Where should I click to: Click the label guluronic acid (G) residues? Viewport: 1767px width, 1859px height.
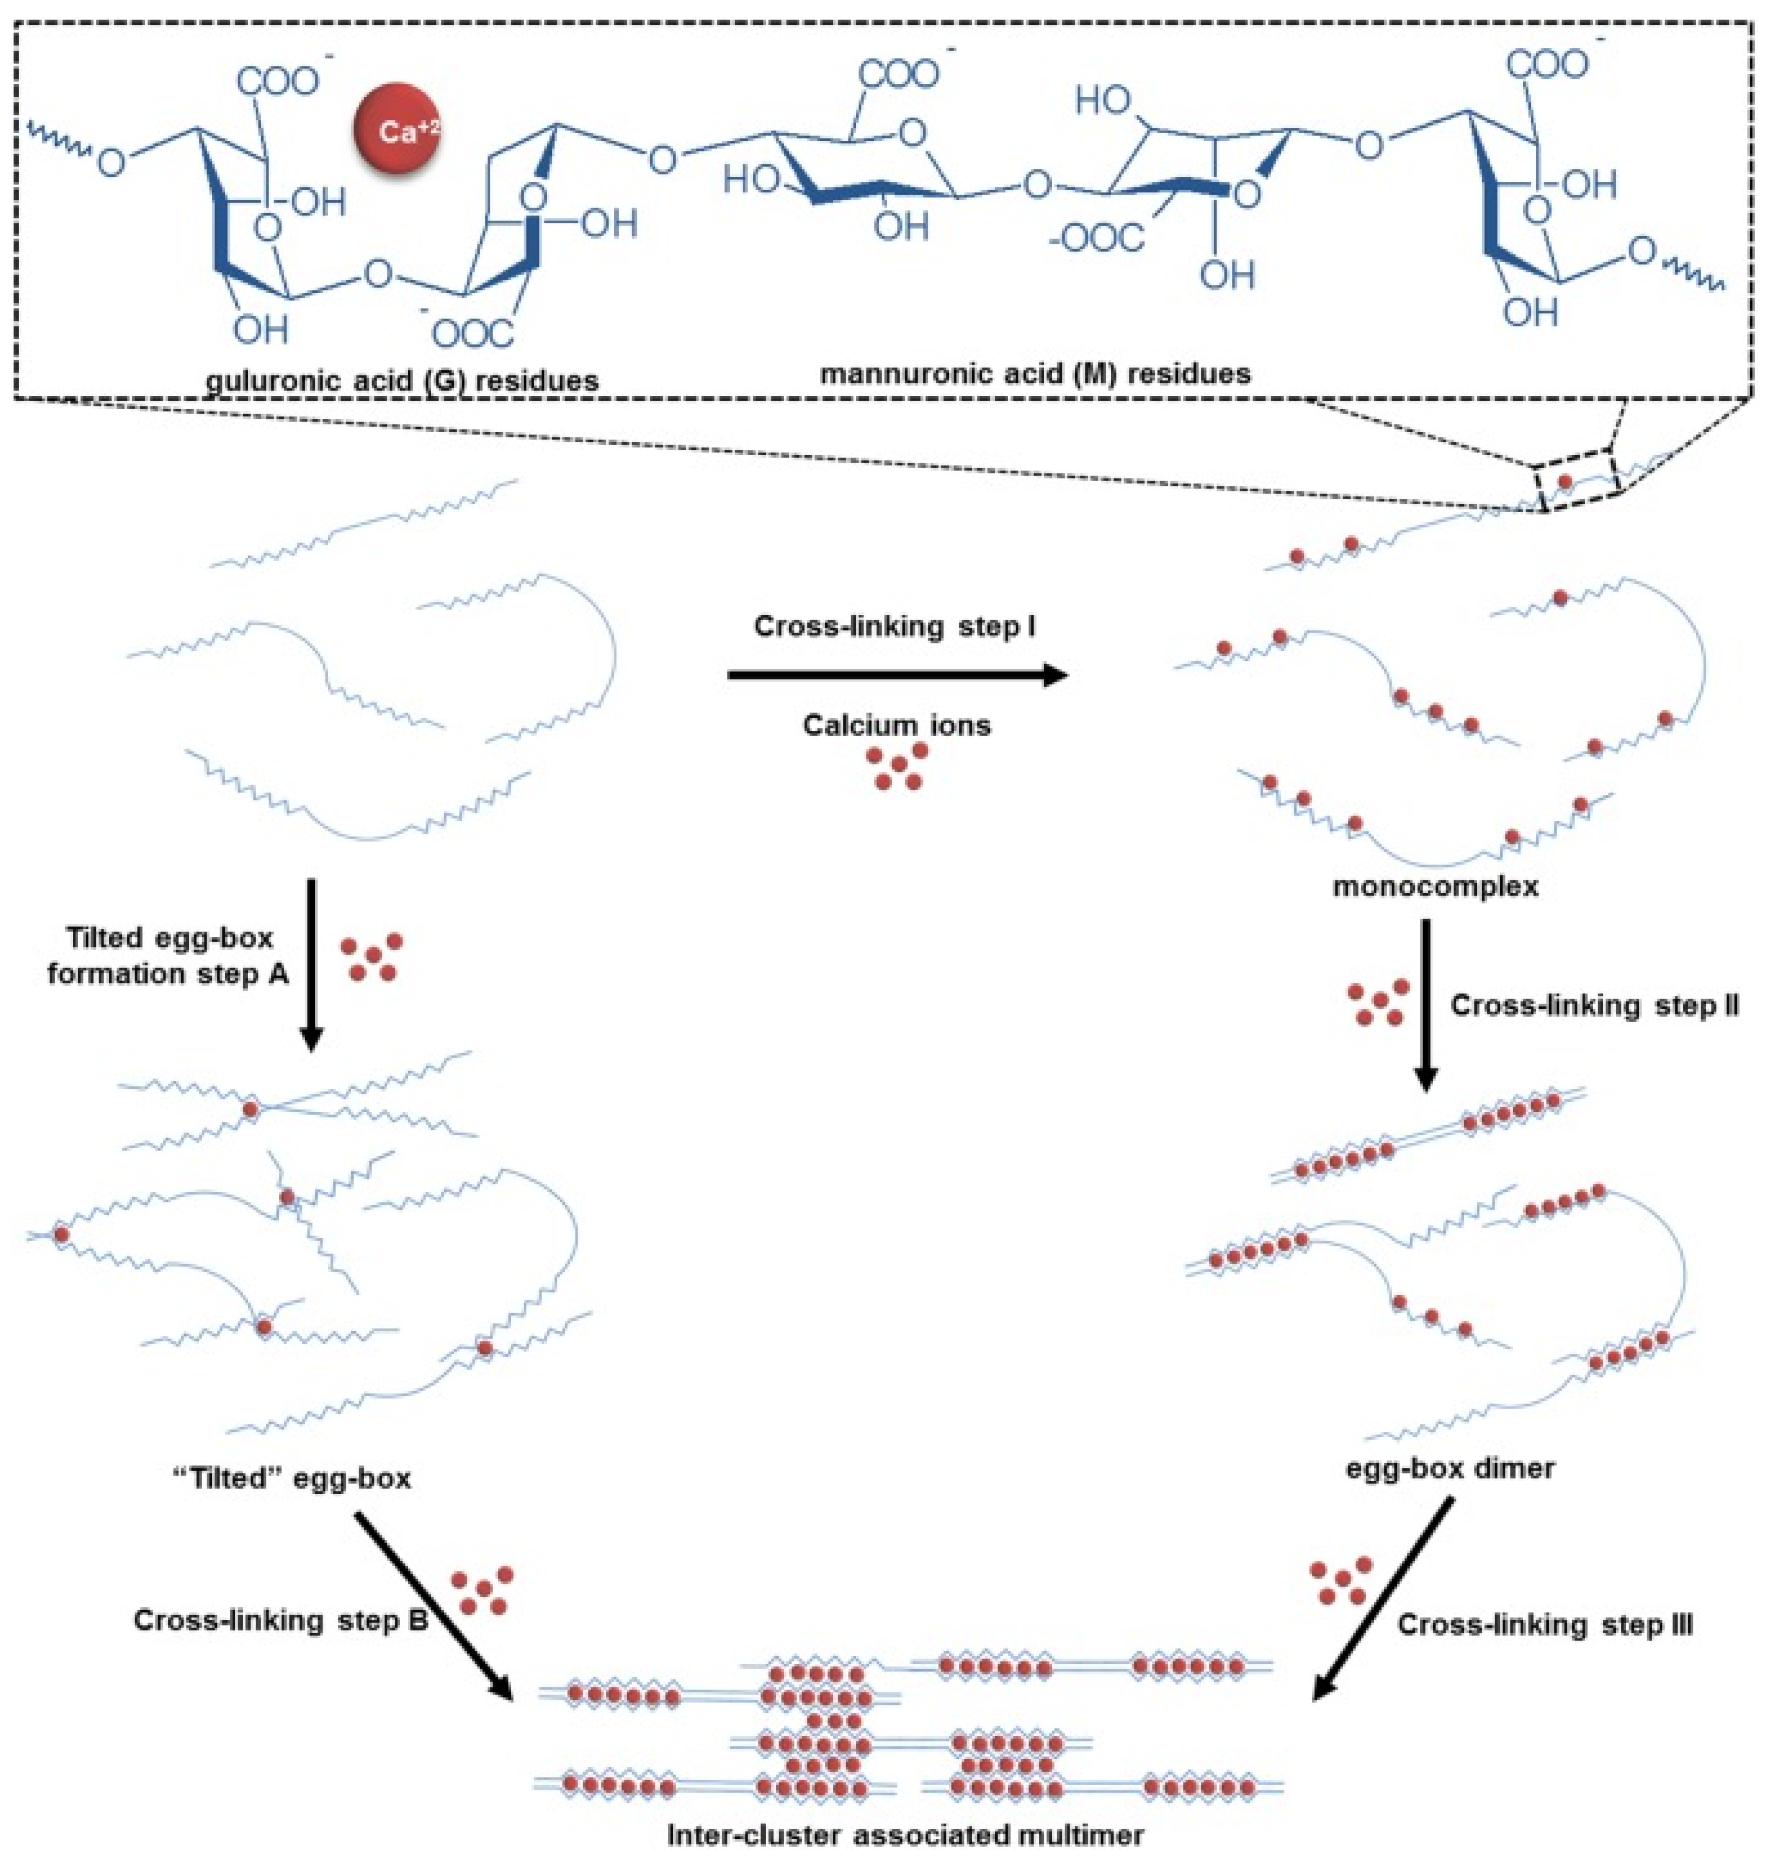coord(402,380)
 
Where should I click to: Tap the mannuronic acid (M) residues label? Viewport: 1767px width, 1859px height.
coord(1035,374)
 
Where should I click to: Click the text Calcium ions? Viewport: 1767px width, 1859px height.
coord(896,725)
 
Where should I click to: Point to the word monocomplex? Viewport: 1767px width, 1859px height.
coord(1435,886)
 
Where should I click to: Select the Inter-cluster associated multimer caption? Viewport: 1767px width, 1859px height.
coord(905,1835)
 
